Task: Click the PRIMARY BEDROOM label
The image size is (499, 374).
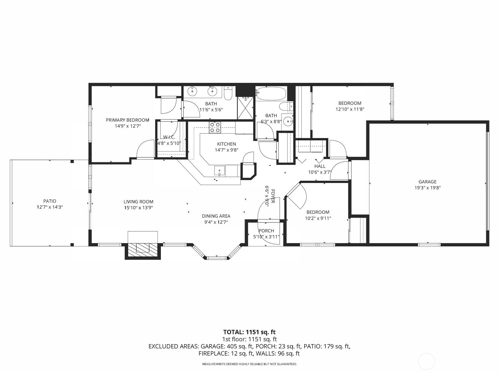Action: coord(127,120)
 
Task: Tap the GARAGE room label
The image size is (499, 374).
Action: coord(427,182)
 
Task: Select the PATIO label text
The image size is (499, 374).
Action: coord(50,201)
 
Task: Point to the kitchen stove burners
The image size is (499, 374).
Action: coord(215,127)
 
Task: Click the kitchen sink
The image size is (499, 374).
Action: coord(219,171)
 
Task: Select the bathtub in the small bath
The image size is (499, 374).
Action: coord(270,94)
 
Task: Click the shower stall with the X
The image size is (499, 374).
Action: coord(245,108)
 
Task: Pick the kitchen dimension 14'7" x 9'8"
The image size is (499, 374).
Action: coord(226,150)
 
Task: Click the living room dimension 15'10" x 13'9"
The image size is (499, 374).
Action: coord(138,208)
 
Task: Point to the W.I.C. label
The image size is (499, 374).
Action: coord(169,137)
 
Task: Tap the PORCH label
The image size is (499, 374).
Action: coord(266,231)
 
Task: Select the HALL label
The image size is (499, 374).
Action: coord(320,166)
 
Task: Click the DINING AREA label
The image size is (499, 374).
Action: coord(216,216)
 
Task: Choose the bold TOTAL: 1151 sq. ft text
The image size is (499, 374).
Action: coord(249,332)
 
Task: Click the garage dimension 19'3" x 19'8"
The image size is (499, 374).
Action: coord(427,188)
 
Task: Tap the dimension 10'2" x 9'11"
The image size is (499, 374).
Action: coord(318,218)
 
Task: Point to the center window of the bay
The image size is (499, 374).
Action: coord(217,258)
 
